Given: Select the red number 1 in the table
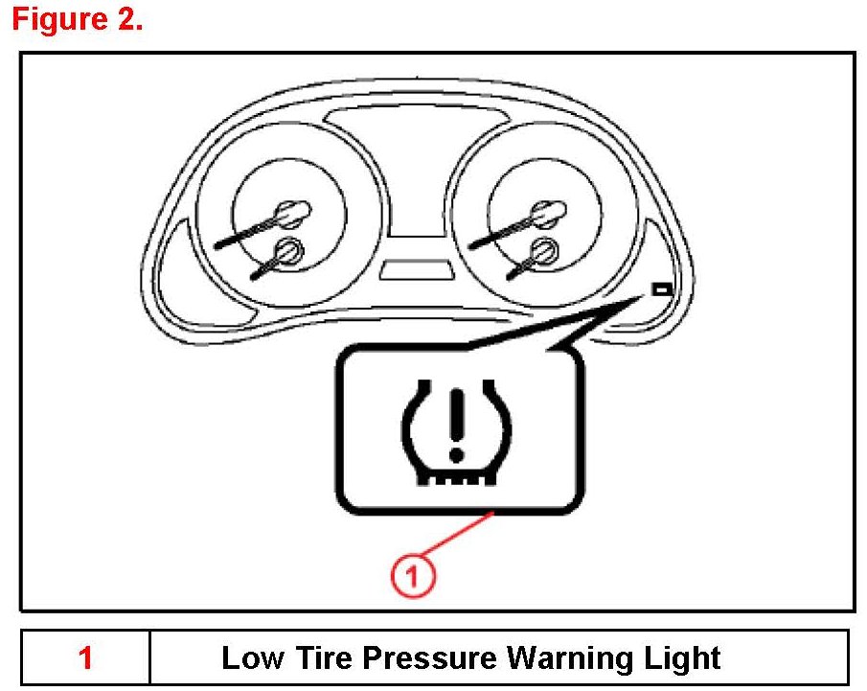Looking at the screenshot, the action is click(86, 658).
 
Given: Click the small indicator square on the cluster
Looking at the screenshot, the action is click(659, 288).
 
